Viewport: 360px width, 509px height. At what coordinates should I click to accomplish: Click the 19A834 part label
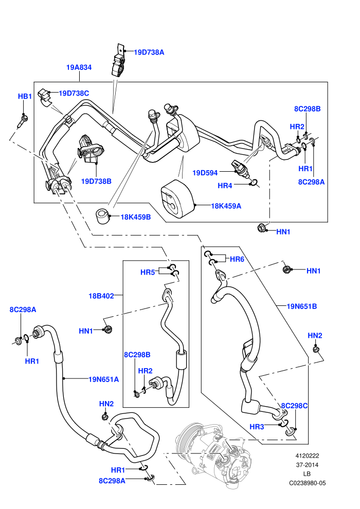pyautogui.click(x=79, y=67)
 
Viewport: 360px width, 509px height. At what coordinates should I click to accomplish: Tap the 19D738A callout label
pyautogui.click(x=149, y=52)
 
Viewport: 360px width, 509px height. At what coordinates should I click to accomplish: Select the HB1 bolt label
pyautogui.click(x=25, y=97)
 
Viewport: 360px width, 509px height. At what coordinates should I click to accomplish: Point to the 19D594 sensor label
pyautogui.click(x=205, y=173)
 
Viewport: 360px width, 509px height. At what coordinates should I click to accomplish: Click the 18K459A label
pyautogui.click(x=226, y=206)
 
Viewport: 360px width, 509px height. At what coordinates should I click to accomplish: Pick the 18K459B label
pyautogui.click(x=136, y=217)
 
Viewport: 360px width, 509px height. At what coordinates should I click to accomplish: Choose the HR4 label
pyautogui.click(x=225, y=186)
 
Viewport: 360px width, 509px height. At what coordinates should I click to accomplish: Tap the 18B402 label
pyautogui.click(x=101, y=296)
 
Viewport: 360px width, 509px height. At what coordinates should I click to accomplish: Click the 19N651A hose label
pyautogui.click(x=103, y=379)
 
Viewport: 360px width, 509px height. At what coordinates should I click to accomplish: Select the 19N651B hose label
pyautogui.click(x=301, y=306)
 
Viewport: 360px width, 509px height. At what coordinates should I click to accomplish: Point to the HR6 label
pyautogui.click(x=237, y=259)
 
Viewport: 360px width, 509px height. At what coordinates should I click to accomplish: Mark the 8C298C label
pyautogui.click(x=294, y=406)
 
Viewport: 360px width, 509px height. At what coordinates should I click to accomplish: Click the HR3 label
pyautogui.click(x=257, y=427)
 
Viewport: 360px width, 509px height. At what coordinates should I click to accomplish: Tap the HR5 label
pyautogui.click(x=148, y=272)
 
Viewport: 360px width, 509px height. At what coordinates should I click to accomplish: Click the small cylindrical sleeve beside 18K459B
pyautogui.click(x=102, y=216)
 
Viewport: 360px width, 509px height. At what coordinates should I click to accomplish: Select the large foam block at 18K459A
pyautogui.click(x=177, y=198)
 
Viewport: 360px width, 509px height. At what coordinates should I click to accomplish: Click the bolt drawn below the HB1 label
pyautogui.click(x=22, y=121)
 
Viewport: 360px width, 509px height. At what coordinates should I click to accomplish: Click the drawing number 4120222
pyautogui.click(x=307, y=456)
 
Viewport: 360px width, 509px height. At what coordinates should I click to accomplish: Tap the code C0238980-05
pyautogui.click(x=307, y=483)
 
